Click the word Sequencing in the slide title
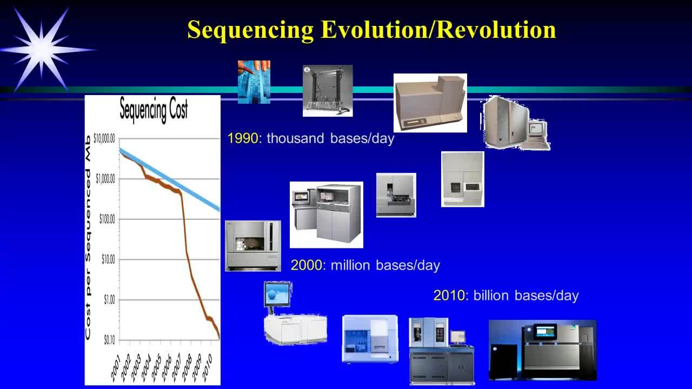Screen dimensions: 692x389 pyautogui.click(x=250, y=30)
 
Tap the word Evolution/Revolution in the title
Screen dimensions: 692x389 pyautogui.click(x=438, y=30)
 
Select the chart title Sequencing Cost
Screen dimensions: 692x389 pyautogui.click(x=154, y=110)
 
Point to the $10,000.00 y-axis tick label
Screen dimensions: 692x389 pyautogui.click(x=104, y=139)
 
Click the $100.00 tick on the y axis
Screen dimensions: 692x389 pyautogui.click(x=107, y=219)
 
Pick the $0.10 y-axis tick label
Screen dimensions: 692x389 pyautogui.click(x=109, y=340)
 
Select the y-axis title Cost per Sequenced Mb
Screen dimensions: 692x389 pyautogui.click(x=88, y=238)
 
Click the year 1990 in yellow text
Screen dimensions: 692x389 pyautogui.click(x=243, y=138)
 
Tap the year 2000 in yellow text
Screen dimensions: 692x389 pyautogui.click(x=307, y=265)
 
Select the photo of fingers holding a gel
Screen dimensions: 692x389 pyautogui.click(x=254, y=82)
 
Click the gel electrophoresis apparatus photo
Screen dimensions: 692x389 pyautogui.click(x=328, y=91)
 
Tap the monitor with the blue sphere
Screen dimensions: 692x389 pyautogui.click(x=277, y=294)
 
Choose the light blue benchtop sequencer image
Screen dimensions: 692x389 pyautogui.click(x=370, y=339)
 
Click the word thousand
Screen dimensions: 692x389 pyautogui.click(x=295, y=138)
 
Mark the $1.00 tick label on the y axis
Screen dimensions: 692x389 pyautogui.click(x=109, y=300)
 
